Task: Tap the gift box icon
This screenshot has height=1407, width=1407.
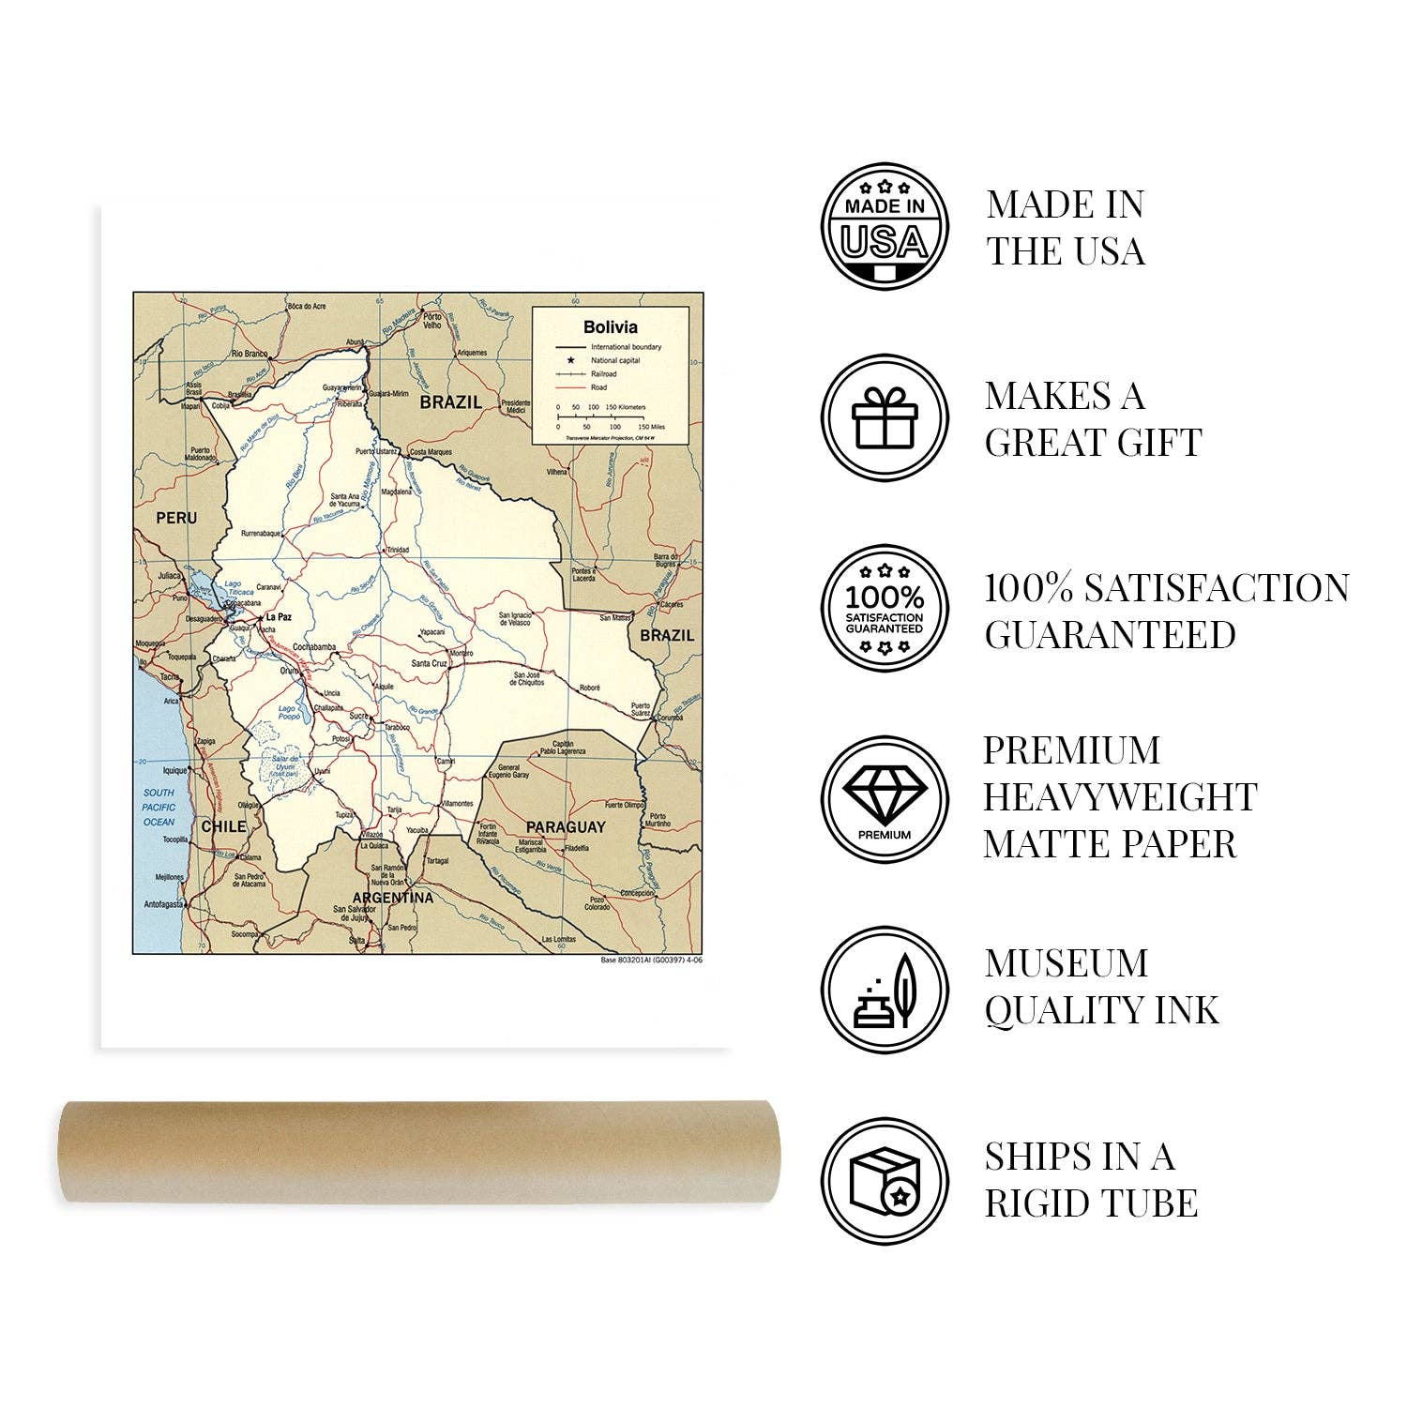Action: (885, 417)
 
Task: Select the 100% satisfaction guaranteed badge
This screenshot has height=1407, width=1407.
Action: (885, 610)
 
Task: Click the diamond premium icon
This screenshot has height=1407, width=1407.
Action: (885, 799)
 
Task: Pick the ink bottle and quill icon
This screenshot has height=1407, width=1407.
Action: (885, 990)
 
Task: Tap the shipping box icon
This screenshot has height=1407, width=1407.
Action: (885, 1181)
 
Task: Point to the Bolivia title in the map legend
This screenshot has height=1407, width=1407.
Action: (610, 327)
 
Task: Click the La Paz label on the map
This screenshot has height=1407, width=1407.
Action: (279, 617)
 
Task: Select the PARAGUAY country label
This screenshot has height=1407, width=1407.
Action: (566, 827)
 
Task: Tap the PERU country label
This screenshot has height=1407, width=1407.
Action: (176, 518)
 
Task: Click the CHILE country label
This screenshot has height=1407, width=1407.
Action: (223, 826)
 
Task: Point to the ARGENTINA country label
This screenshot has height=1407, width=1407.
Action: (393, 898)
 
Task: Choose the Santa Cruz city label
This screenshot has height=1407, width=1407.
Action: (429, 664)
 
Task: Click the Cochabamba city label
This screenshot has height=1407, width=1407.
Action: (314, 647)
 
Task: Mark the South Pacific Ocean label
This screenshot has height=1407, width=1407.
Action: (159, 807)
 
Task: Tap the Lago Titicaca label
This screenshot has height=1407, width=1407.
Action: (232, 589)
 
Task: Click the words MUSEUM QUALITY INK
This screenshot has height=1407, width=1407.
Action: (1102, 987)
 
